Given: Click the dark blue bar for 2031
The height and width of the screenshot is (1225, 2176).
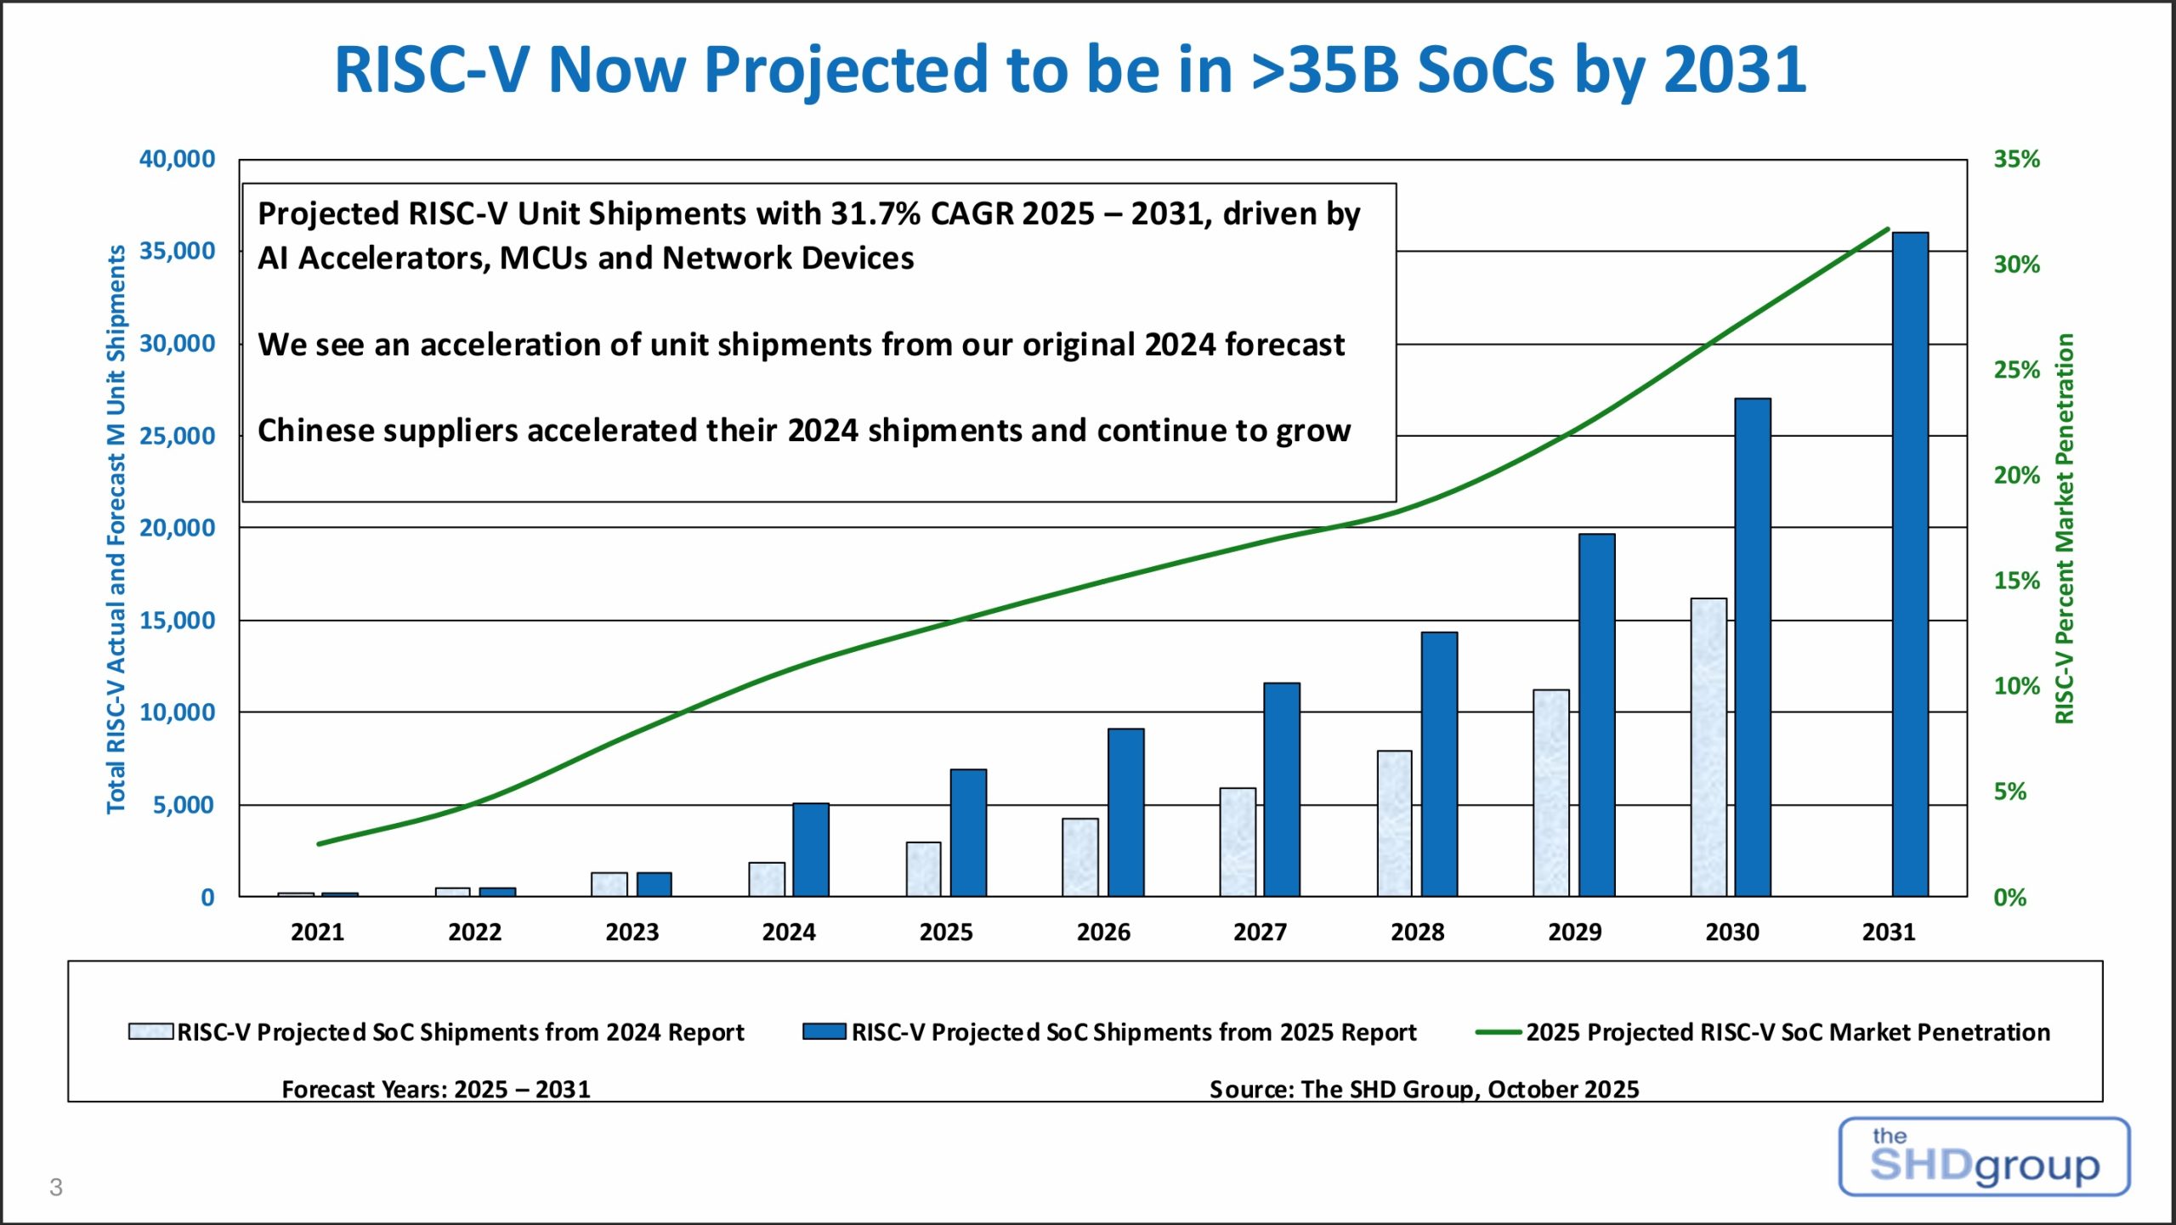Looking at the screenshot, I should [1909, 564].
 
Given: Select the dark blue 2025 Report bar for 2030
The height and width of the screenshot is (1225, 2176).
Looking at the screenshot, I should [1752, 647].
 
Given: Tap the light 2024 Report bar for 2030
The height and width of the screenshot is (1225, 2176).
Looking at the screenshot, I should [1708, 747].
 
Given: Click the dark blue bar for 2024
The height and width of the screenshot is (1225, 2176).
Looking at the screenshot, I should [810, 849].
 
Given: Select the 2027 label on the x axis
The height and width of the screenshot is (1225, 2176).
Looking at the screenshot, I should [1260, 933].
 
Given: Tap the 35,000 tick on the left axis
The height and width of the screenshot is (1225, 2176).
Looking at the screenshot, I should [177, 252].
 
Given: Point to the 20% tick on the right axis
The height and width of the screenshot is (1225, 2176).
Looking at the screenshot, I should [2016, 475].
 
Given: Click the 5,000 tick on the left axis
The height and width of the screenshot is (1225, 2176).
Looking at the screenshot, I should [183, 805].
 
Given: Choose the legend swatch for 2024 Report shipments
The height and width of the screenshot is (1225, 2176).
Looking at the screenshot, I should [150, 1031].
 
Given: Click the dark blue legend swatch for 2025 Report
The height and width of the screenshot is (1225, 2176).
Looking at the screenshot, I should [824, 1031].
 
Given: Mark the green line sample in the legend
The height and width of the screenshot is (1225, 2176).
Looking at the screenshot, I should [1498, 1032].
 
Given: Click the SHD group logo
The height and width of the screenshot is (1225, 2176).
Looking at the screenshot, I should [1984, 1157].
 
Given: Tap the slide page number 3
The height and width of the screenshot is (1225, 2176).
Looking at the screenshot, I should [56, 1188].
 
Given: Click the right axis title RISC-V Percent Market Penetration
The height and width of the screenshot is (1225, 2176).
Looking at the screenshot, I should [2065, 528].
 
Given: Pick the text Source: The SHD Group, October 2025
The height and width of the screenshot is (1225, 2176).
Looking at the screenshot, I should [1424, 1089].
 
